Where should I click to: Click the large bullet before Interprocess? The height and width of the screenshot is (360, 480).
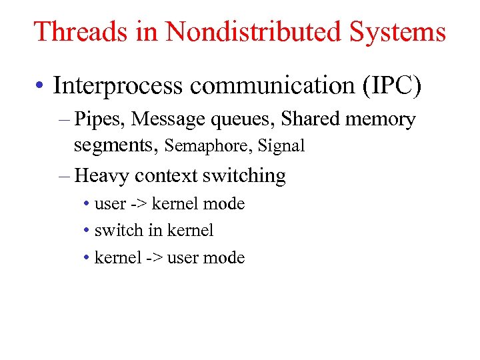pyautogui.click(x=42, y=86)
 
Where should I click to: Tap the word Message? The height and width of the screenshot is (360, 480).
pyautogui.click(x=169, y=119)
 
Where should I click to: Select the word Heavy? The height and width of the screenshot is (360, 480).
pyautogui.click(x=103, y=176)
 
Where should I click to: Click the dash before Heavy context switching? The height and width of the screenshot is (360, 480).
pyautogui.click(x=64, y=177)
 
